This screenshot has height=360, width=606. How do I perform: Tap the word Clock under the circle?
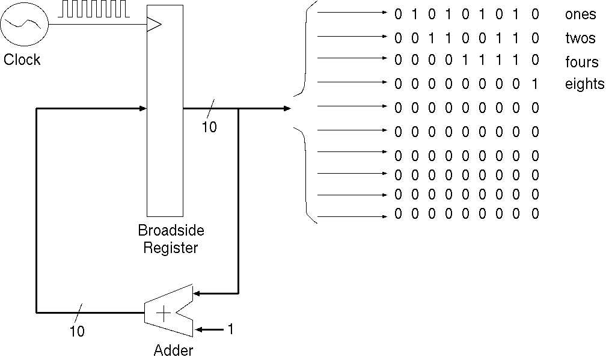[22, 59]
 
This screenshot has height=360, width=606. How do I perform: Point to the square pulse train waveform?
[93, 8]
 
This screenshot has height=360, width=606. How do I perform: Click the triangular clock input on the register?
[155, 24]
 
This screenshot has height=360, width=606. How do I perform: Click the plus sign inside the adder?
[163, 313]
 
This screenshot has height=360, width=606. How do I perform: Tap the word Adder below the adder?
[174, 350]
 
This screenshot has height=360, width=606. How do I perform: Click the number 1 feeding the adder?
[230, 329]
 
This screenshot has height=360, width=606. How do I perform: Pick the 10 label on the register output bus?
[209, 127]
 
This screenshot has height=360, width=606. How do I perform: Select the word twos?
[580, 38]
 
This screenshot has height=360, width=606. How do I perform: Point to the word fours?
[581, 62]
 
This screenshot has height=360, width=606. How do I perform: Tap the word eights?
[584, 84]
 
